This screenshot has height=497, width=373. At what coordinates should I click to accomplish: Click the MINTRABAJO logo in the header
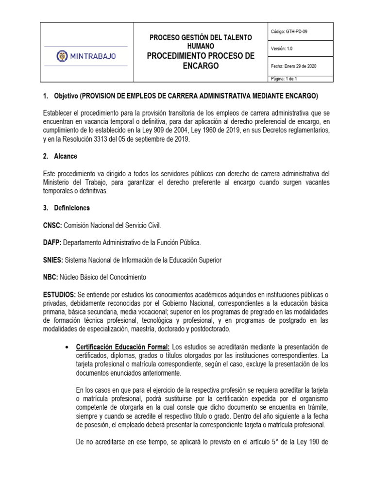(87, 56)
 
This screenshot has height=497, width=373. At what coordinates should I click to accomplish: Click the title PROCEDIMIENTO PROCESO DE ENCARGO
(201, 61)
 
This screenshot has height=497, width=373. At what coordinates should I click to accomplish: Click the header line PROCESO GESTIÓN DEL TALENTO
(201, 37)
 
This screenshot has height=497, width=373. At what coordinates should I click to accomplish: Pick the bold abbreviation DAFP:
(53, 242)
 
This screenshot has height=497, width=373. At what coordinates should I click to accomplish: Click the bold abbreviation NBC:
(51, 277)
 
